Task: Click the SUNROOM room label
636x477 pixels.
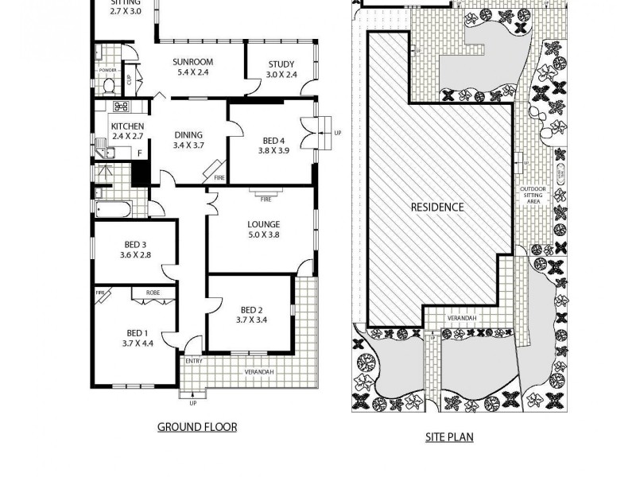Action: [x=194, y=61]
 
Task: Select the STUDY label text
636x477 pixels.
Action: [x=281, y=64]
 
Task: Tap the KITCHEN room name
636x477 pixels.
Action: [x=127, y=126]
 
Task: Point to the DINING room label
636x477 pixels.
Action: [x=188, y=134]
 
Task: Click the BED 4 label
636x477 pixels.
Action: [x=273, y=141]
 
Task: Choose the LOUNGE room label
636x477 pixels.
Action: [x=262, y=223]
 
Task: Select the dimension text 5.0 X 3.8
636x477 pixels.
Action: [x=262, y=235]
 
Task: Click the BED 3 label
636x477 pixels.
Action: [x=134, y=244]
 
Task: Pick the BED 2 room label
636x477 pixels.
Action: [x=252, y=310]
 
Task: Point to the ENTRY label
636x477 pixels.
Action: [x=194, y=361]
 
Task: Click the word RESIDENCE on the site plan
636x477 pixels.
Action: [x=436, y=207]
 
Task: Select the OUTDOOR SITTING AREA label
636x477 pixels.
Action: [x=533, y=196]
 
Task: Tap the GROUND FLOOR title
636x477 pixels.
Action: [x=196, y=427]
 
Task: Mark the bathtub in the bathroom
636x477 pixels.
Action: [x=112, y=210]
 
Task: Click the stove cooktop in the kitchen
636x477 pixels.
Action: [x=122, y=107]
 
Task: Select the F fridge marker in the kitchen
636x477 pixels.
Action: [x=140, y=153]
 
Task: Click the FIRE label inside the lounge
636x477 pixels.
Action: [x=266, y=199]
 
